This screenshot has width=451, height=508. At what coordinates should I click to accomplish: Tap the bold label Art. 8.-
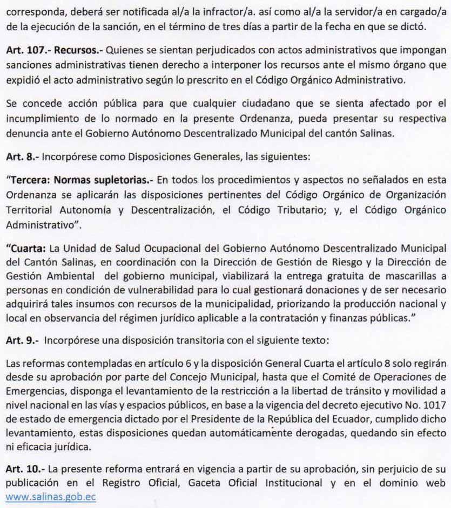[x=21, y=159]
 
